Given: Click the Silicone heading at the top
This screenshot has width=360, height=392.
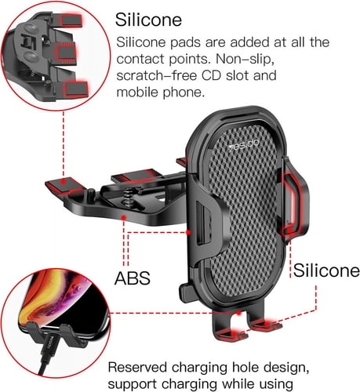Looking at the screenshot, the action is (148, 20).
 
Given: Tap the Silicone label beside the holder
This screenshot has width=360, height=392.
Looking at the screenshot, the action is (326, 270).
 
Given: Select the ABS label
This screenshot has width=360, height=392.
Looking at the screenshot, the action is (133, 278).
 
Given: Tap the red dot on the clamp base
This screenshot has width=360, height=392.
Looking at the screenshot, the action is (124, 217).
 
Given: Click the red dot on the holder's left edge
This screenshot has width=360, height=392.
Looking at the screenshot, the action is (188, 232).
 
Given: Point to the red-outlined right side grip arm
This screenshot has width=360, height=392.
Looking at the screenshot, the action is (294, 201).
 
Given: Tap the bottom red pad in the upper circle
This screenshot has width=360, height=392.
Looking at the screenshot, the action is (76, 89).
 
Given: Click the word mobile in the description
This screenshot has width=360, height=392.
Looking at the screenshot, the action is (137, 93).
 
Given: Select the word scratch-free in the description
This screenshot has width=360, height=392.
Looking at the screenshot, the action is (156, 76).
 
